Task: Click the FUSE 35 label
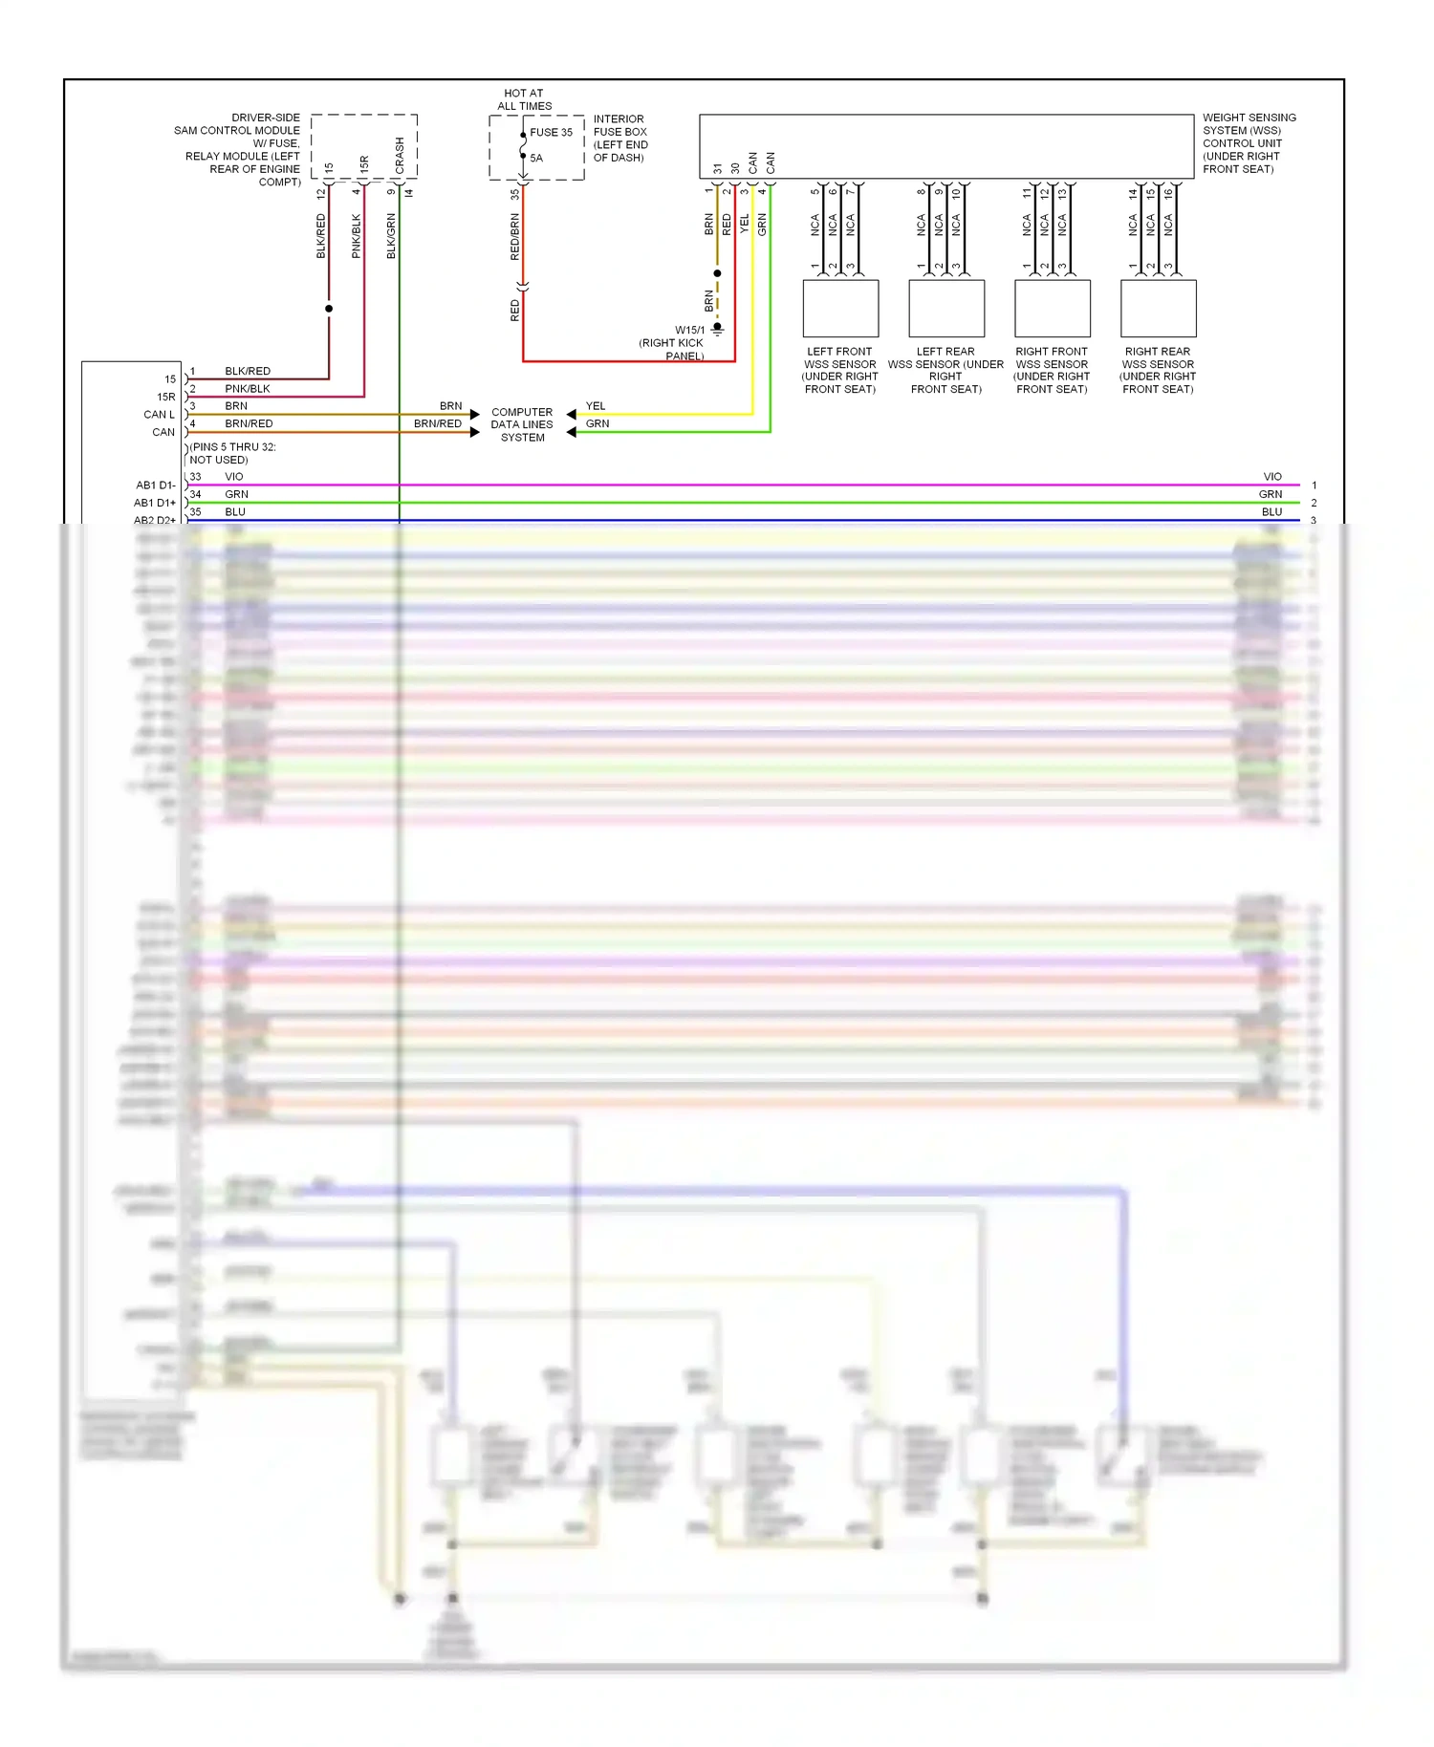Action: point(551,133)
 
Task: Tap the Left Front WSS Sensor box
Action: point(840,308)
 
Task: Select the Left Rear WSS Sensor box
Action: point(946,308)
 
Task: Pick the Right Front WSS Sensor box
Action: point(1053,308)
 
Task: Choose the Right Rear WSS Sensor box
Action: point(1158,308)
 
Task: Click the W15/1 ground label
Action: point(689,331)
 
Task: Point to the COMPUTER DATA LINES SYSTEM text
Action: point(522,424)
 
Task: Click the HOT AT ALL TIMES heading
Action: point(524,99)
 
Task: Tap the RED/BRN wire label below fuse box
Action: point(515,237)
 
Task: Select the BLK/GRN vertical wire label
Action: point(391,235)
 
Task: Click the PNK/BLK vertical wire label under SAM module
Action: point(356,235)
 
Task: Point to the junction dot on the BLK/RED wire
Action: point(329,309)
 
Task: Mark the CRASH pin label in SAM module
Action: point(400,155)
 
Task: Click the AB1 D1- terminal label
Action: point(156,485)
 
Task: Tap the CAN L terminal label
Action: point(159,415)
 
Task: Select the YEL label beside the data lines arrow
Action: point(596,406)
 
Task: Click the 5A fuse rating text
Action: point(536,159)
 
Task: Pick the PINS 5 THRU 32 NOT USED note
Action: point(232,453)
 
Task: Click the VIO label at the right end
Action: point(1272,477)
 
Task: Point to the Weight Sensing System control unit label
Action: point(1249,143)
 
